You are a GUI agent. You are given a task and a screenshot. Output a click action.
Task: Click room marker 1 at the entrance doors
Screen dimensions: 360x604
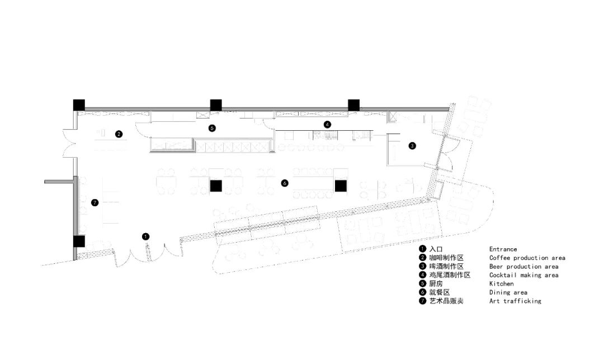[x=146, y=236]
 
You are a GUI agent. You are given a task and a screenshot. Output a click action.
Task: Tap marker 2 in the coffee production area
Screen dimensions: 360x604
[x=119, y=134]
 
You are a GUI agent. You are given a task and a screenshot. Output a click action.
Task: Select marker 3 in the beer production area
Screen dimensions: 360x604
[x=412, y=146]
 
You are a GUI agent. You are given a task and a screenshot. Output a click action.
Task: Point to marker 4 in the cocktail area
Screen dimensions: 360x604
[x=327, y=124]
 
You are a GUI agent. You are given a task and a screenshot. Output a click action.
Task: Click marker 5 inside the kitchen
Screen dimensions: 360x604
[x=211, y=128]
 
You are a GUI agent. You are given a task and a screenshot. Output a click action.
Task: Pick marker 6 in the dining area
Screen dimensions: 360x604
[x=285, y=183]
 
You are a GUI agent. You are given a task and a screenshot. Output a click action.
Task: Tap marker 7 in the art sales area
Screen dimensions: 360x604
[x=95, y=202]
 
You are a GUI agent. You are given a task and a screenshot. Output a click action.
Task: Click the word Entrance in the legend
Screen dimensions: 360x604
[x=503, y=249]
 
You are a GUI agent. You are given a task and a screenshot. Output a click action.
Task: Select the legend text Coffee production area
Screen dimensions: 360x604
[x=527, y=258]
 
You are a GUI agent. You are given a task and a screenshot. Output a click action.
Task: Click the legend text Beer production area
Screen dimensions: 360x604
[x=523, y=267]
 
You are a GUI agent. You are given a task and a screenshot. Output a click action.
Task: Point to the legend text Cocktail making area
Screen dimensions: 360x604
[x=523, y=275]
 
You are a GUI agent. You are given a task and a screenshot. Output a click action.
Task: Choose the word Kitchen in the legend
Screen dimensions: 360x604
[x=501, y=284]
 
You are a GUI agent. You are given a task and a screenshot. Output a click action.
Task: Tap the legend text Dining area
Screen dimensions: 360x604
[x=508, y=292]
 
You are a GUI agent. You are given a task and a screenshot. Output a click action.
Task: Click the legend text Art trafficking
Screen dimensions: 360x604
[x=515, y=301]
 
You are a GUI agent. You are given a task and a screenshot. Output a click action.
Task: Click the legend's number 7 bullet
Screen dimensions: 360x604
[x=423, y=301]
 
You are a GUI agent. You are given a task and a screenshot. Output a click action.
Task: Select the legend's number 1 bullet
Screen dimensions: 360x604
[x=423, y=249]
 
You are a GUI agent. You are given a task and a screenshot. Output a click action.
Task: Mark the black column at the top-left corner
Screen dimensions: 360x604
[x=78, y=105]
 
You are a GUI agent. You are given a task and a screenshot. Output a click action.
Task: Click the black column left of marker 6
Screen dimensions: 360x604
[x=216, y=186]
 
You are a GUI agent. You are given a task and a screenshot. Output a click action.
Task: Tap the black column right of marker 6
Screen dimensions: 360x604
[x=341, y=186]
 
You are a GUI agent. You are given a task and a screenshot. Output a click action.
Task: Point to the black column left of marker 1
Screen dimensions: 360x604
[x=78, y=241]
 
